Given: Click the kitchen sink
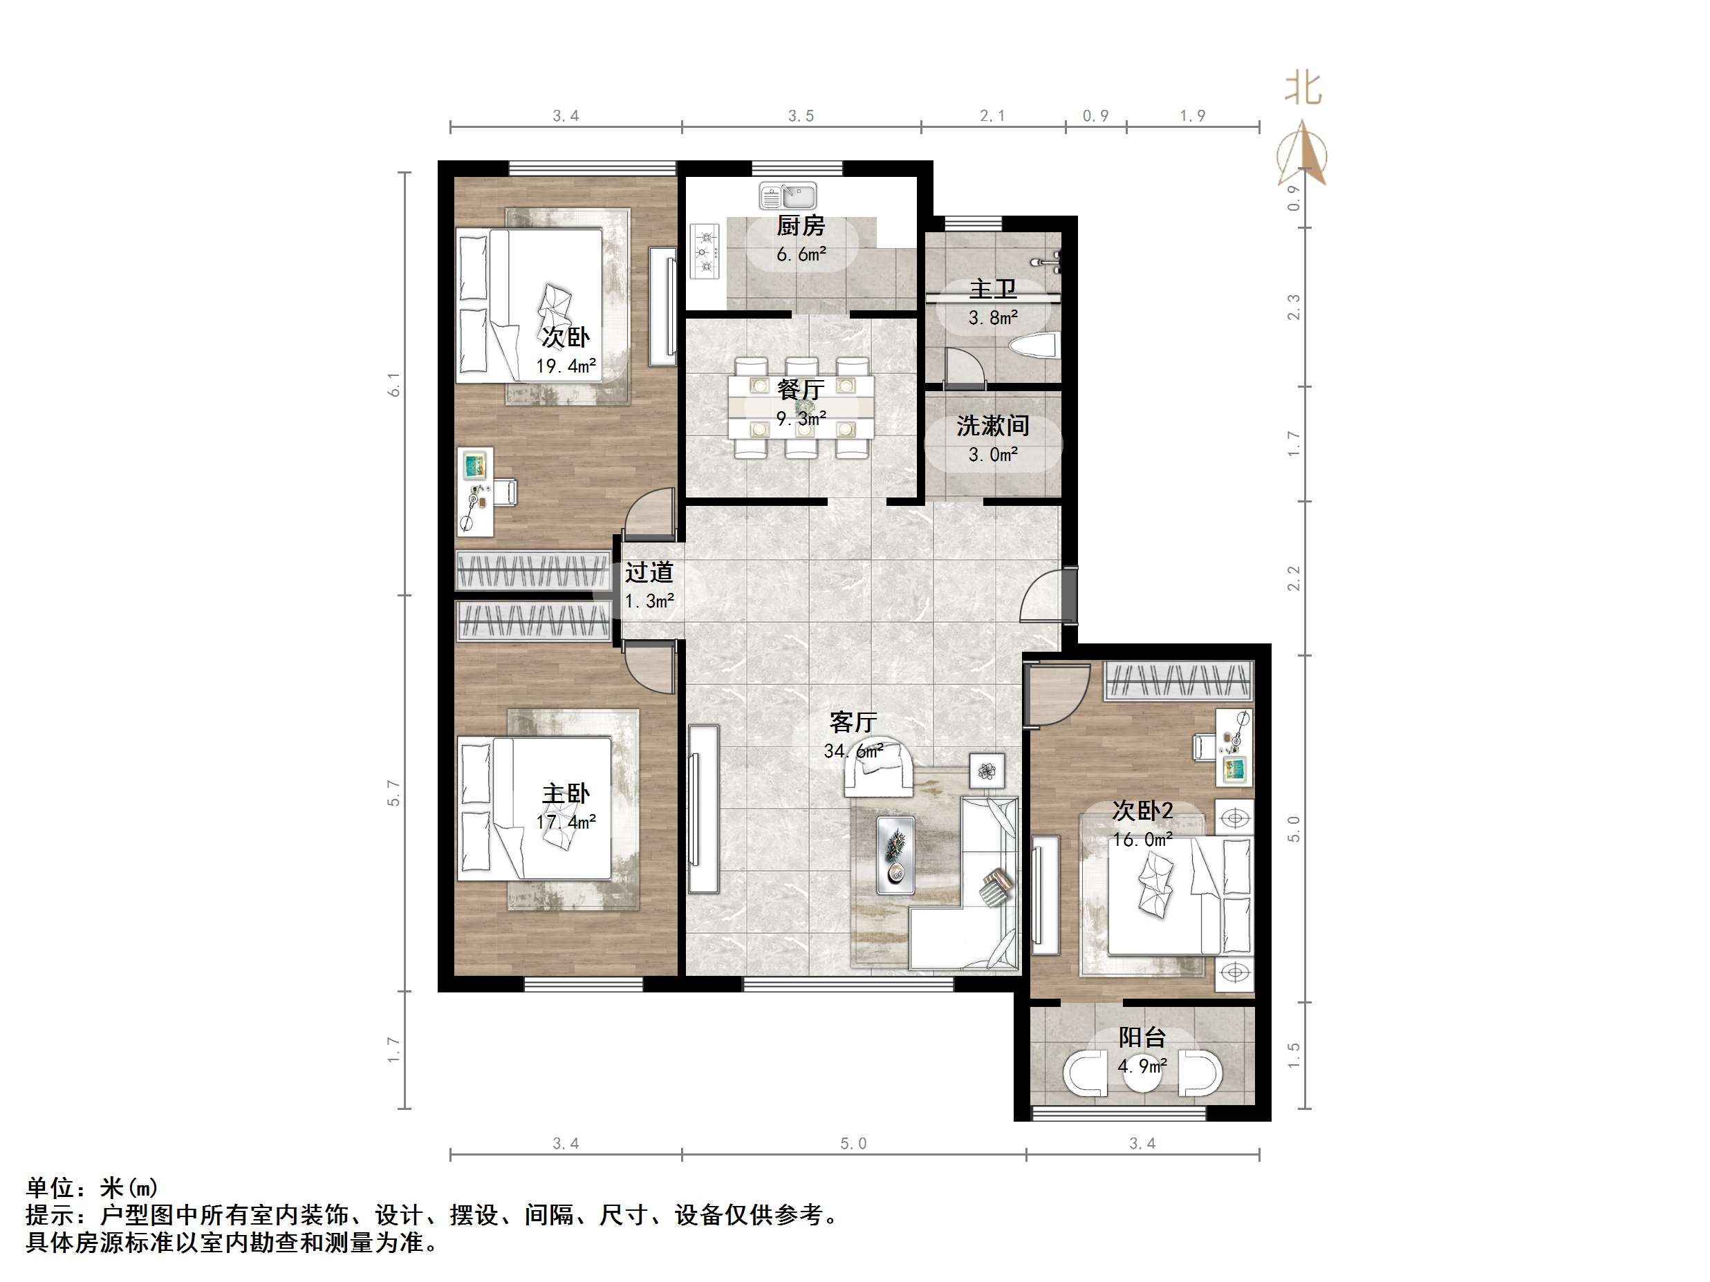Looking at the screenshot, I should click(x=788, y=196).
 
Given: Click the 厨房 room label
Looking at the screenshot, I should click(x=801, y=227).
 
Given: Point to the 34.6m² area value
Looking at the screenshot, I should click(x=853, y=751).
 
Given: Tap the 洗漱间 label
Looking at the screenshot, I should click(x=993, y=426).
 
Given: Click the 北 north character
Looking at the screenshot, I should click(x=1303, y=89).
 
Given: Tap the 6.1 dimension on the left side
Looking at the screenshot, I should click(x=395, y=384).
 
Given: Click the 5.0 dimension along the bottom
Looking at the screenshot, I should click(x=853, y=1144).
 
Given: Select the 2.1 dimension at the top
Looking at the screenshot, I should click(x=993, y=116).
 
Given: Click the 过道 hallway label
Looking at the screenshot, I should click(x=649, y=573).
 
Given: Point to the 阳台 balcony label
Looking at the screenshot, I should click(x=1142, y=1037).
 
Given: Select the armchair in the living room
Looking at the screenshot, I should click(x=877, y=769).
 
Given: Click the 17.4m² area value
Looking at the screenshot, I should click(x=566, y=822).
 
